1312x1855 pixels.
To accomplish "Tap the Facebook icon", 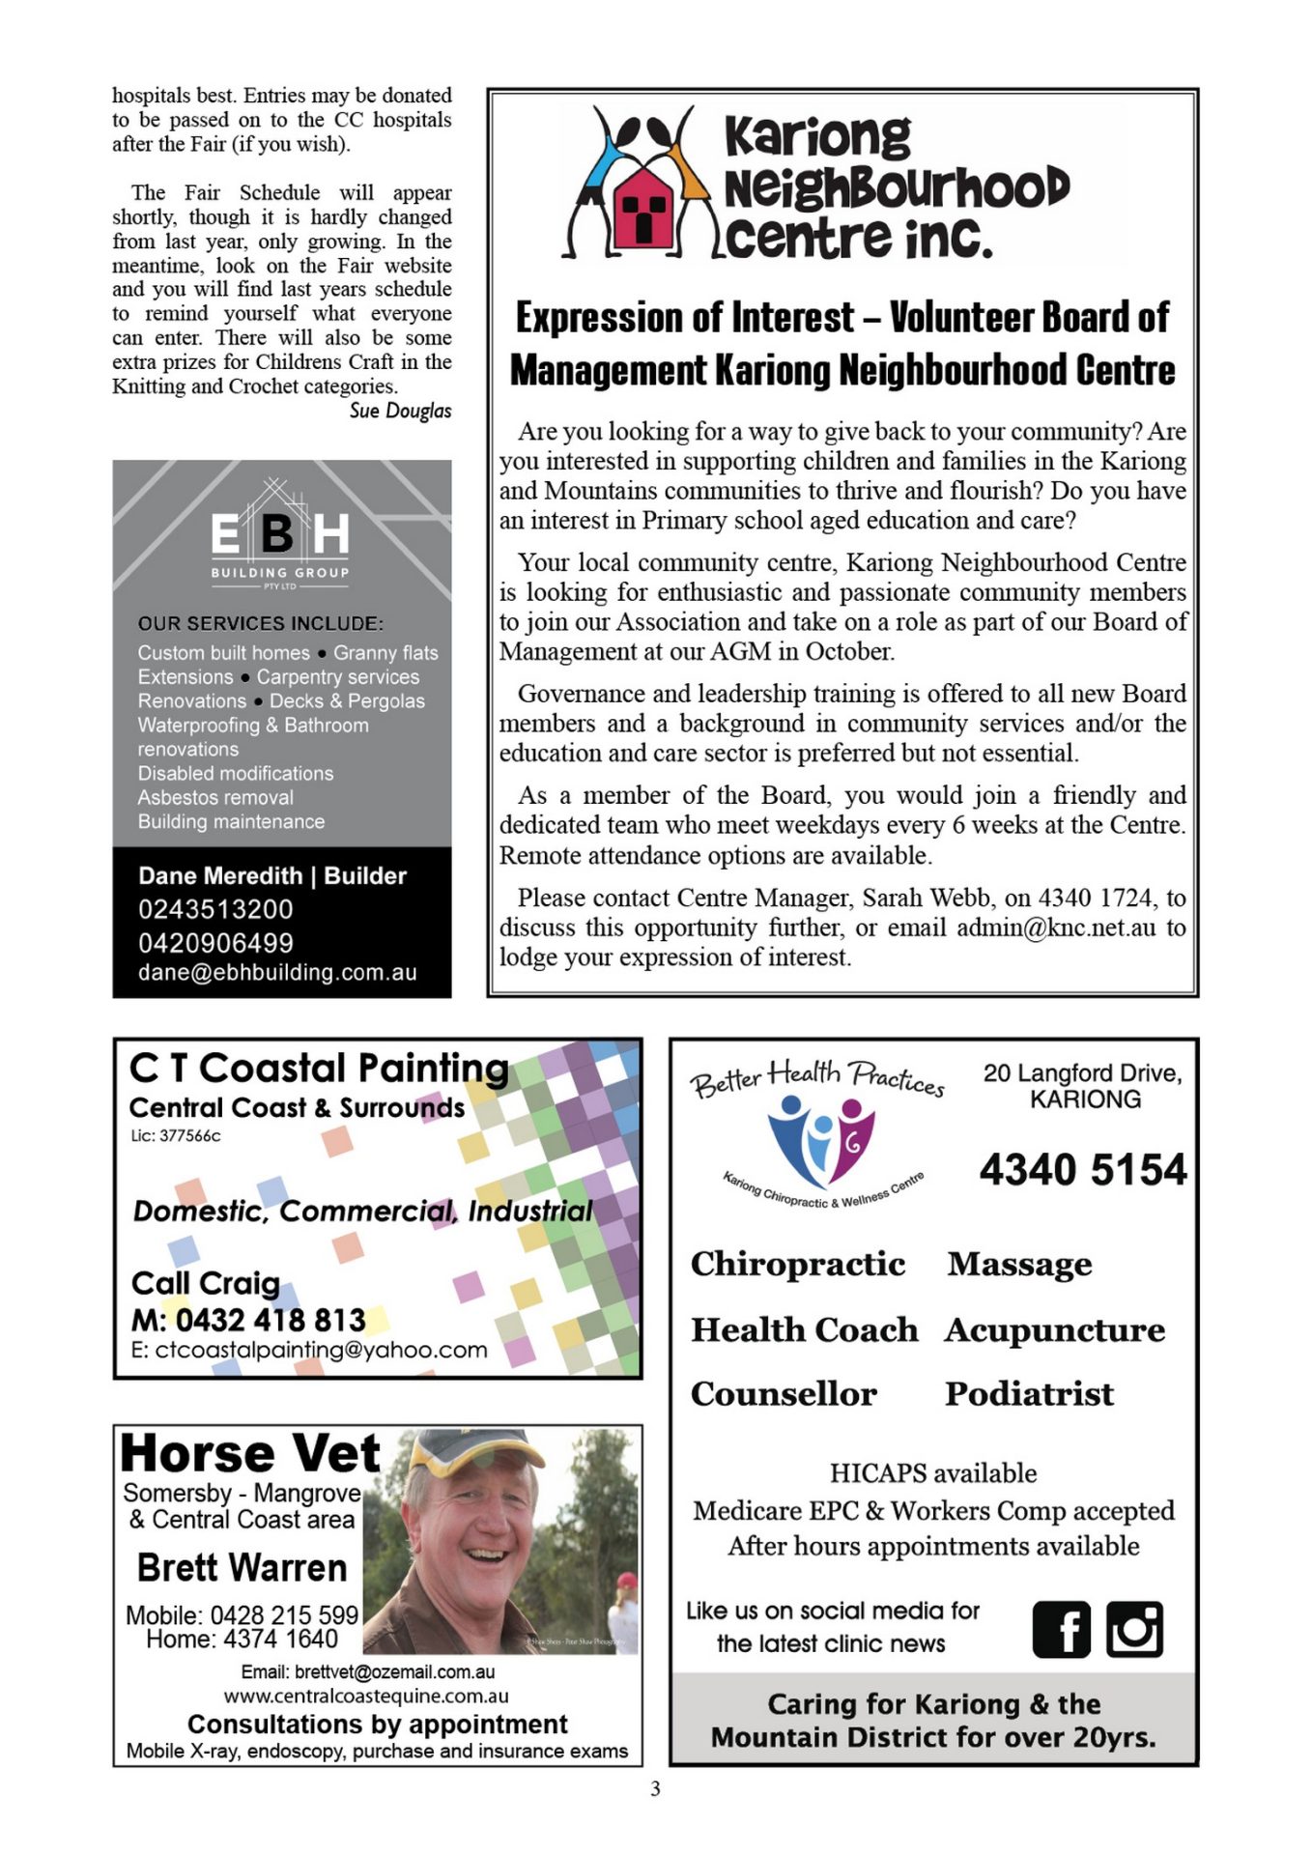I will [1061, 1629].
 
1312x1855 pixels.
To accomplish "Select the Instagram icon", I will [1134, 1629].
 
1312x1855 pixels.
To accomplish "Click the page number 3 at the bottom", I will [655, 1788].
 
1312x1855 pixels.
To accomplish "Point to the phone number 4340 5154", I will [1082, 1169].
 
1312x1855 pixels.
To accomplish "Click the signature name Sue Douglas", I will [400, 411].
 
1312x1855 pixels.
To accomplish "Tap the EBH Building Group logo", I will [280, 534].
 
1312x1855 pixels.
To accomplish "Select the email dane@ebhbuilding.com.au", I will [277, 972].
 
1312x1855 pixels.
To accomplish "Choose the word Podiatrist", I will [1029, 1393].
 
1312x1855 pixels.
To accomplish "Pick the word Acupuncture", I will [1055, 1329].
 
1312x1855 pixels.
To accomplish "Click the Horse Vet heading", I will [250, 1453].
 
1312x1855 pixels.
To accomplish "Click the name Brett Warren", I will [242, 1567].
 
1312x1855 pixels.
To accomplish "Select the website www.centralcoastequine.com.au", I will [366, 1696].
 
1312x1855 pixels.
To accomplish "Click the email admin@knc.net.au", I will [1056, 927].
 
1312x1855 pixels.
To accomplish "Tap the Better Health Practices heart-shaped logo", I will [821, 1141].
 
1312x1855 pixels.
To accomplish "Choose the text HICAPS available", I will [933, 1473].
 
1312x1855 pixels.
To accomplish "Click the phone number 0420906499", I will [215, 942].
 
